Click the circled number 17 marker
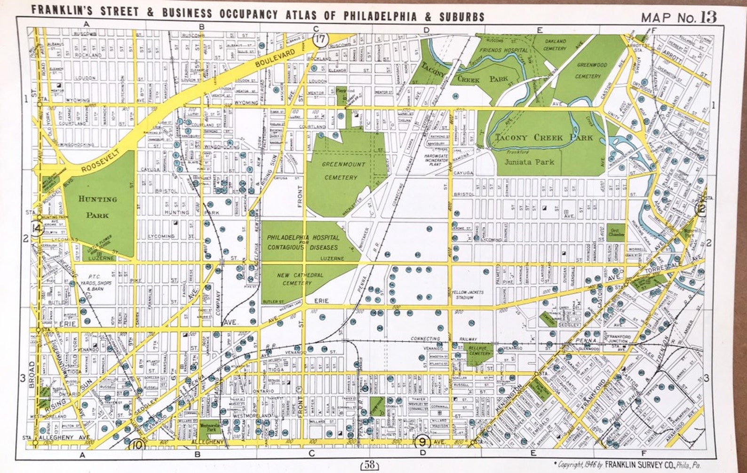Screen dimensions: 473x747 [320, 40]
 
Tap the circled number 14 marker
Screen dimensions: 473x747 [37, 229]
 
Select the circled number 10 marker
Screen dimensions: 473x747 [138, 443]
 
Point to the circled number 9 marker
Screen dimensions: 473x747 [422, 441]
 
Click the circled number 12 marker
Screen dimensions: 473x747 [702, 209]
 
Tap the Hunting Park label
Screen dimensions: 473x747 [98, 207]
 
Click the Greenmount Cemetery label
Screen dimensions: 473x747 [341, 171]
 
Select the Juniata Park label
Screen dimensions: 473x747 [529, 162]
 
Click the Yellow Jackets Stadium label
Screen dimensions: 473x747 [468, 295]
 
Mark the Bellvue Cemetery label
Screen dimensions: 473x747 [479, 350]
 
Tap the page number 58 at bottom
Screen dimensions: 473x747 [369, 465]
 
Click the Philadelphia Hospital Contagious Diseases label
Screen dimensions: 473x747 [302, 243]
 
